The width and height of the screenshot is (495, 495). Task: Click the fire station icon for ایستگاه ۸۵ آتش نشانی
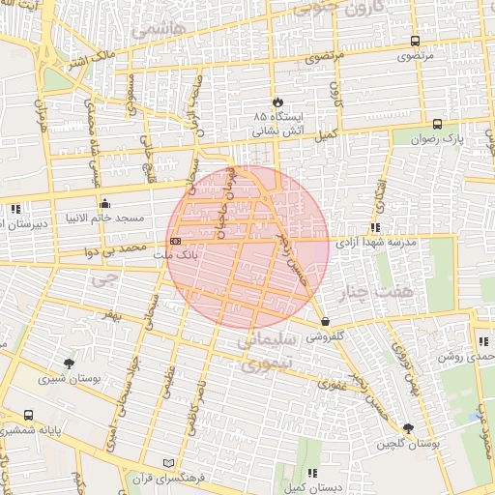pyautogui.click(x=277, y=100)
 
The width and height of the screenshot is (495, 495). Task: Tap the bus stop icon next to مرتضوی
pyautogui.click(x=415, y=41)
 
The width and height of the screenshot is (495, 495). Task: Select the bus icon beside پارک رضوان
pyautogui.click(x=437, y=124)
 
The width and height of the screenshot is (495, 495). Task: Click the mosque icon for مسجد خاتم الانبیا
pyautogui.click(x=105, y=204)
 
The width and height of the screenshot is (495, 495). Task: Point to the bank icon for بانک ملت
pyautogui.click(x=175, y=241)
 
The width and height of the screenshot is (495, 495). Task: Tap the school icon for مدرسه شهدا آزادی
pyautogui.click(x=374, y=228)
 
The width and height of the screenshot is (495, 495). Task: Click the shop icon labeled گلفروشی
pyautogui.click(x=324, y=323)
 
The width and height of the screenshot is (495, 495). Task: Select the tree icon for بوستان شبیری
pyautogui.click(x=68, y=364)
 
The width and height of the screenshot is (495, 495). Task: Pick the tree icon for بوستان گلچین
pyautogui.click(x=408, y=428)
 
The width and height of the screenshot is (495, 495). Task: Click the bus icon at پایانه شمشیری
pyautogui.click(x=28, y=415)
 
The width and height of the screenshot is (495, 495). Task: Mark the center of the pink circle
pyautogui.click(x=248, y=247)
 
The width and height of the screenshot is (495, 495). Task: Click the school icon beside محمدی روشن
pyautogui.click(x=483, y=341)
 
